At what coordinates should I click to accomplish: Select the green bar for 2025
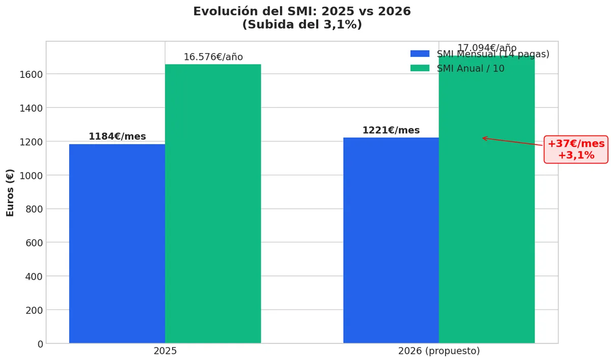[x=213, y=204]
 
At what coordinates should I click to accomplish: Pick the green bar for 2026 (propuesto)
[x=487, y=204]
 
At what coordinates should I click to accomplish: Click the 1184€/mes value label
[x=117, y=136]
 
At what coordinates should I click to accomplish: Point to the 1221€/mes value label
[x=391, y=130]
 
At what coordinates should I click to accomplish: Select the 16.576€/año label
[x=213, y=57]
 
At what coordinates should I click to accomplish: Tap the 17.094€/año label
[x=487, y=48]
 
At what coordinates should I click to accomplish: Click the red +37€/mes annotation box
[x=576, y=150]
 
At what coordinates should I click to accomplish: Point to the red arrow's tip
[x=483, y=137]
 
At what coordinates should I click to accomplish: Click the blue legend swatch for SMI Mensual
[x=420, y=54]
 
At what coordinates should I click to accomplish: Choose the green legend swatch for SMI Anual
[x=420, y=68]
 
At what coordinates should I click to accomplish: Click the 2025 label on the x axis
[x=165, y=351]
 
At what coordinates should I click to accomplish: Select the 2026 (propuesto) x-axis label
[x=439, y=351]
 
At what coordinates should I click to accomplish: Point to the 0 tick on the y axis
[x=40, y=344]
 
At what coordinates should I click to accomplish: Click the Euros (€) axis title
[x=10, y=192]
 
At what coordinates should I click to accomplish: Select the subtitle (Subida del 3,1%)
[x=302, y=24]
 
